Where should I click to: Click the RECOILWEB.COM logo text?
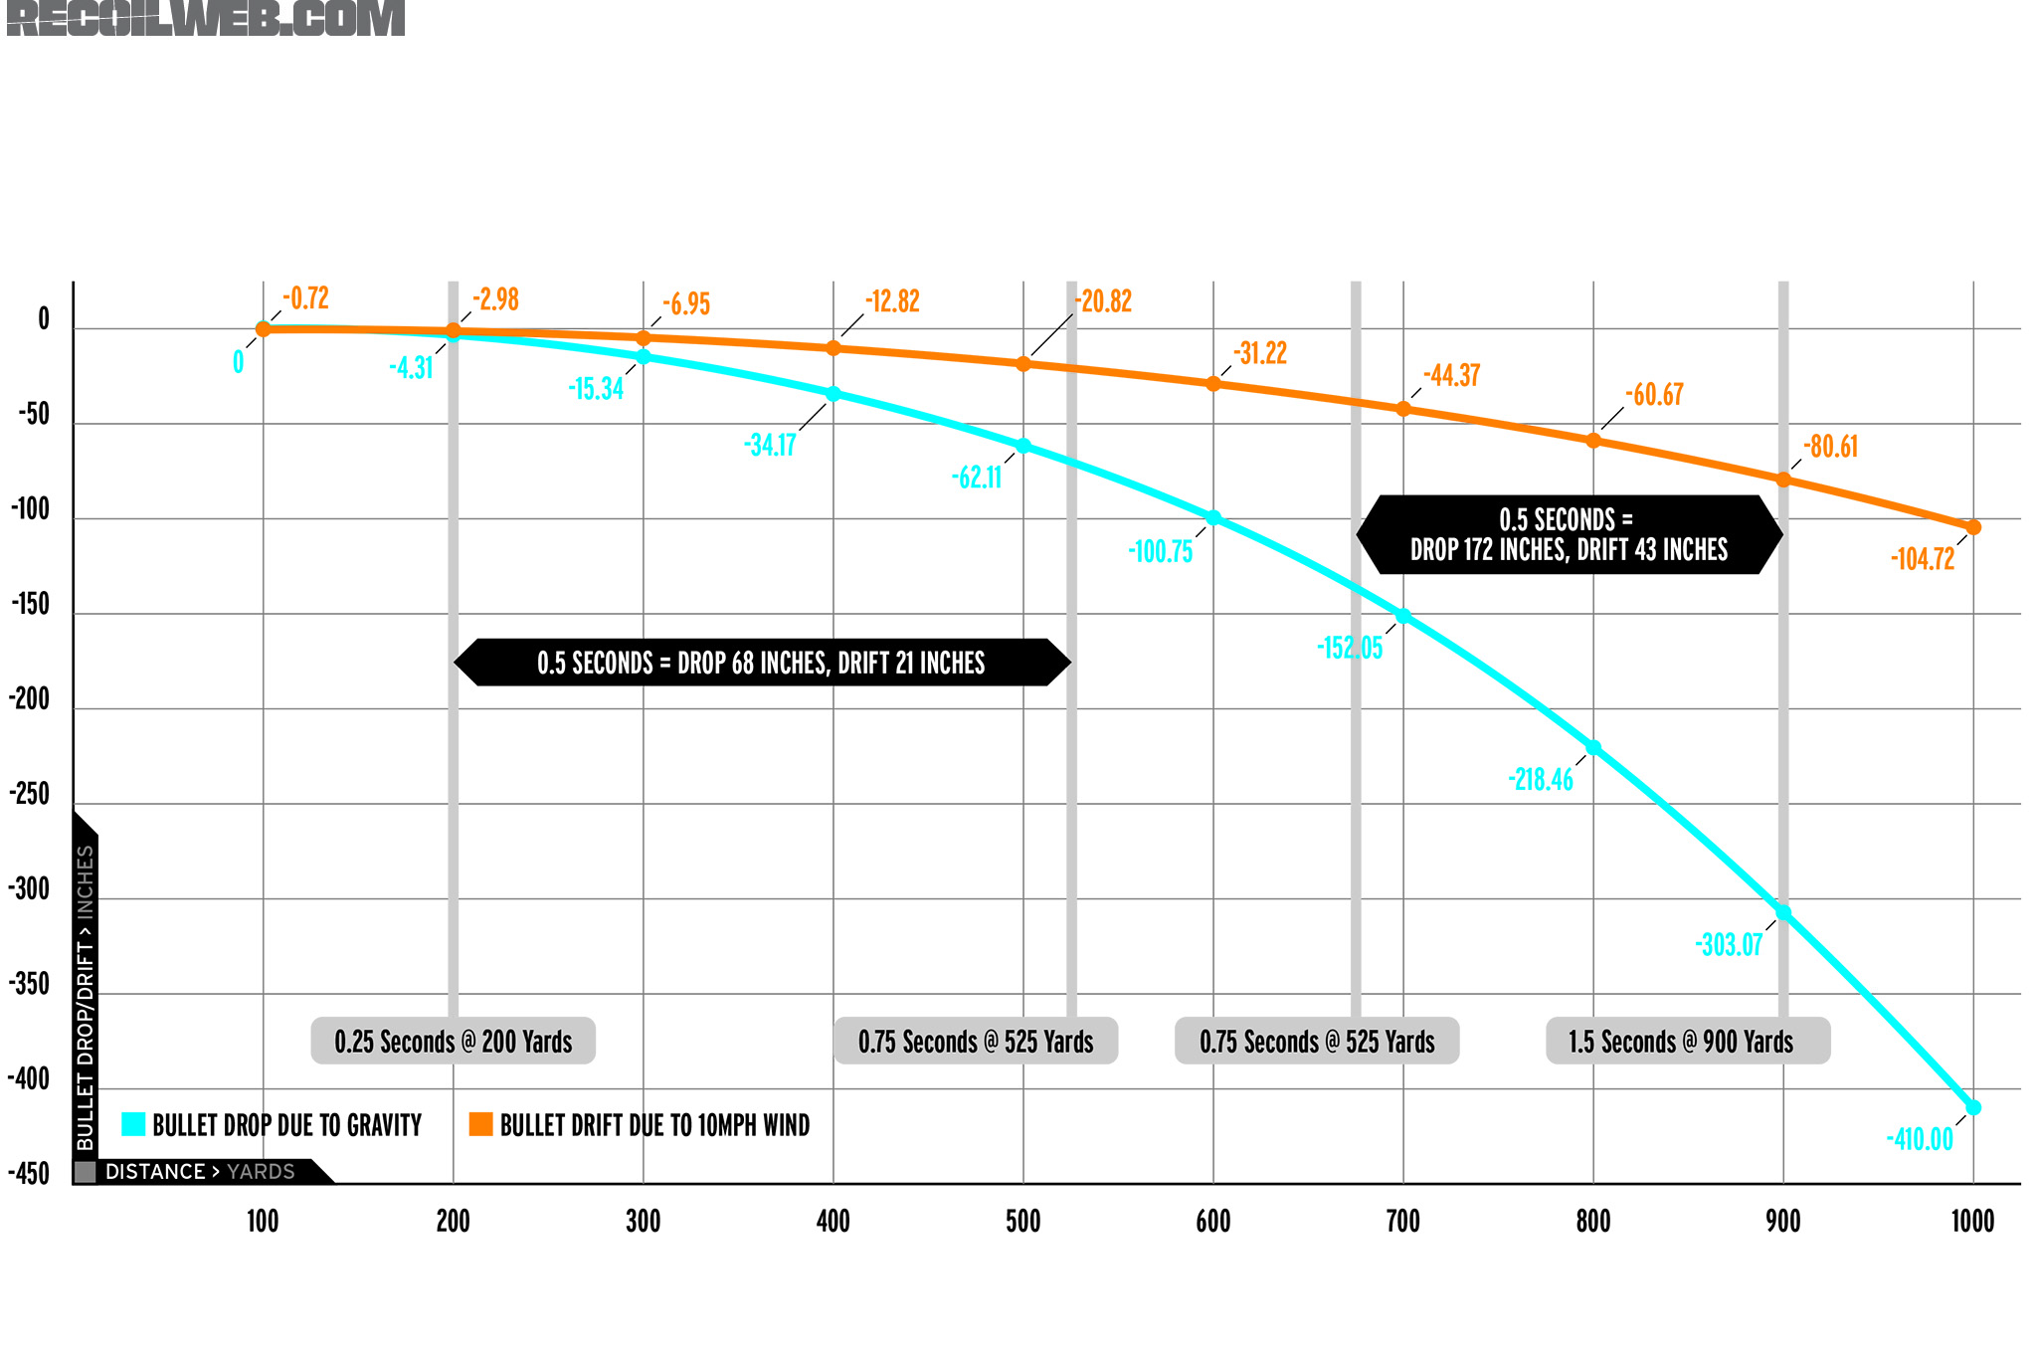click(206, 18)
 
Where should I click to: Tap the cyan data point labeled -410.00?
click(1973, 1107)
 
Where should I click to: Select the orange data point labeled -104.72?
click(1973, 527)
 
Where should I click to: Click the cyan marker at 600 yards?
click(1213, 518)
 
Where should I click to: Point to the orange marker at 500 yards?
click(1023, 364)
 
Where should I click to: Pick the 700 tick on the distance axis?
click(1403, 1221)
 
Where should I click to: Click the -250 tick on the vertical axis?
click(30, 794)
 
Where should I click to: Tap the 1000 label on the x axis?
click(1973, 1221)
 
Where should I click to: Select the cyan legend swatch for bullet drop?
click(133, 1124)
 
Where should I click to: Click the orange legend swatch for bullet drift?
click(481, 1124)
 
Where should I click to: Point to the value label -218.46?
click(1541, 779)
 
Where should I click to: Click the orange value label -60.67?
click(1654, 395)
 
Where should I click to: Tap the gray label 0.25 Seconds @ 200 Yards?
click(454, 1042)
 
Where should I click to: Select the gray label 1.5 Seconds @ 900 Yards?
click(1682, 1042)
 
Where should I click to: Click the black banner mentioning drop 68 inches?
click(762, 663)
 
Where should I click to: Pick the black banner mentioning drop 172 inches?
click(1569, 534)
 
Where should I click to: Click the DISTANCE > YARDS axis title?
click(200, 1172)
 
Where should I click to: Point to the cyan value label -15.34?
click(596, 389)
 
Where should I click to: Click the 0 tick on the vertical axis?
click(44, 319)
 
